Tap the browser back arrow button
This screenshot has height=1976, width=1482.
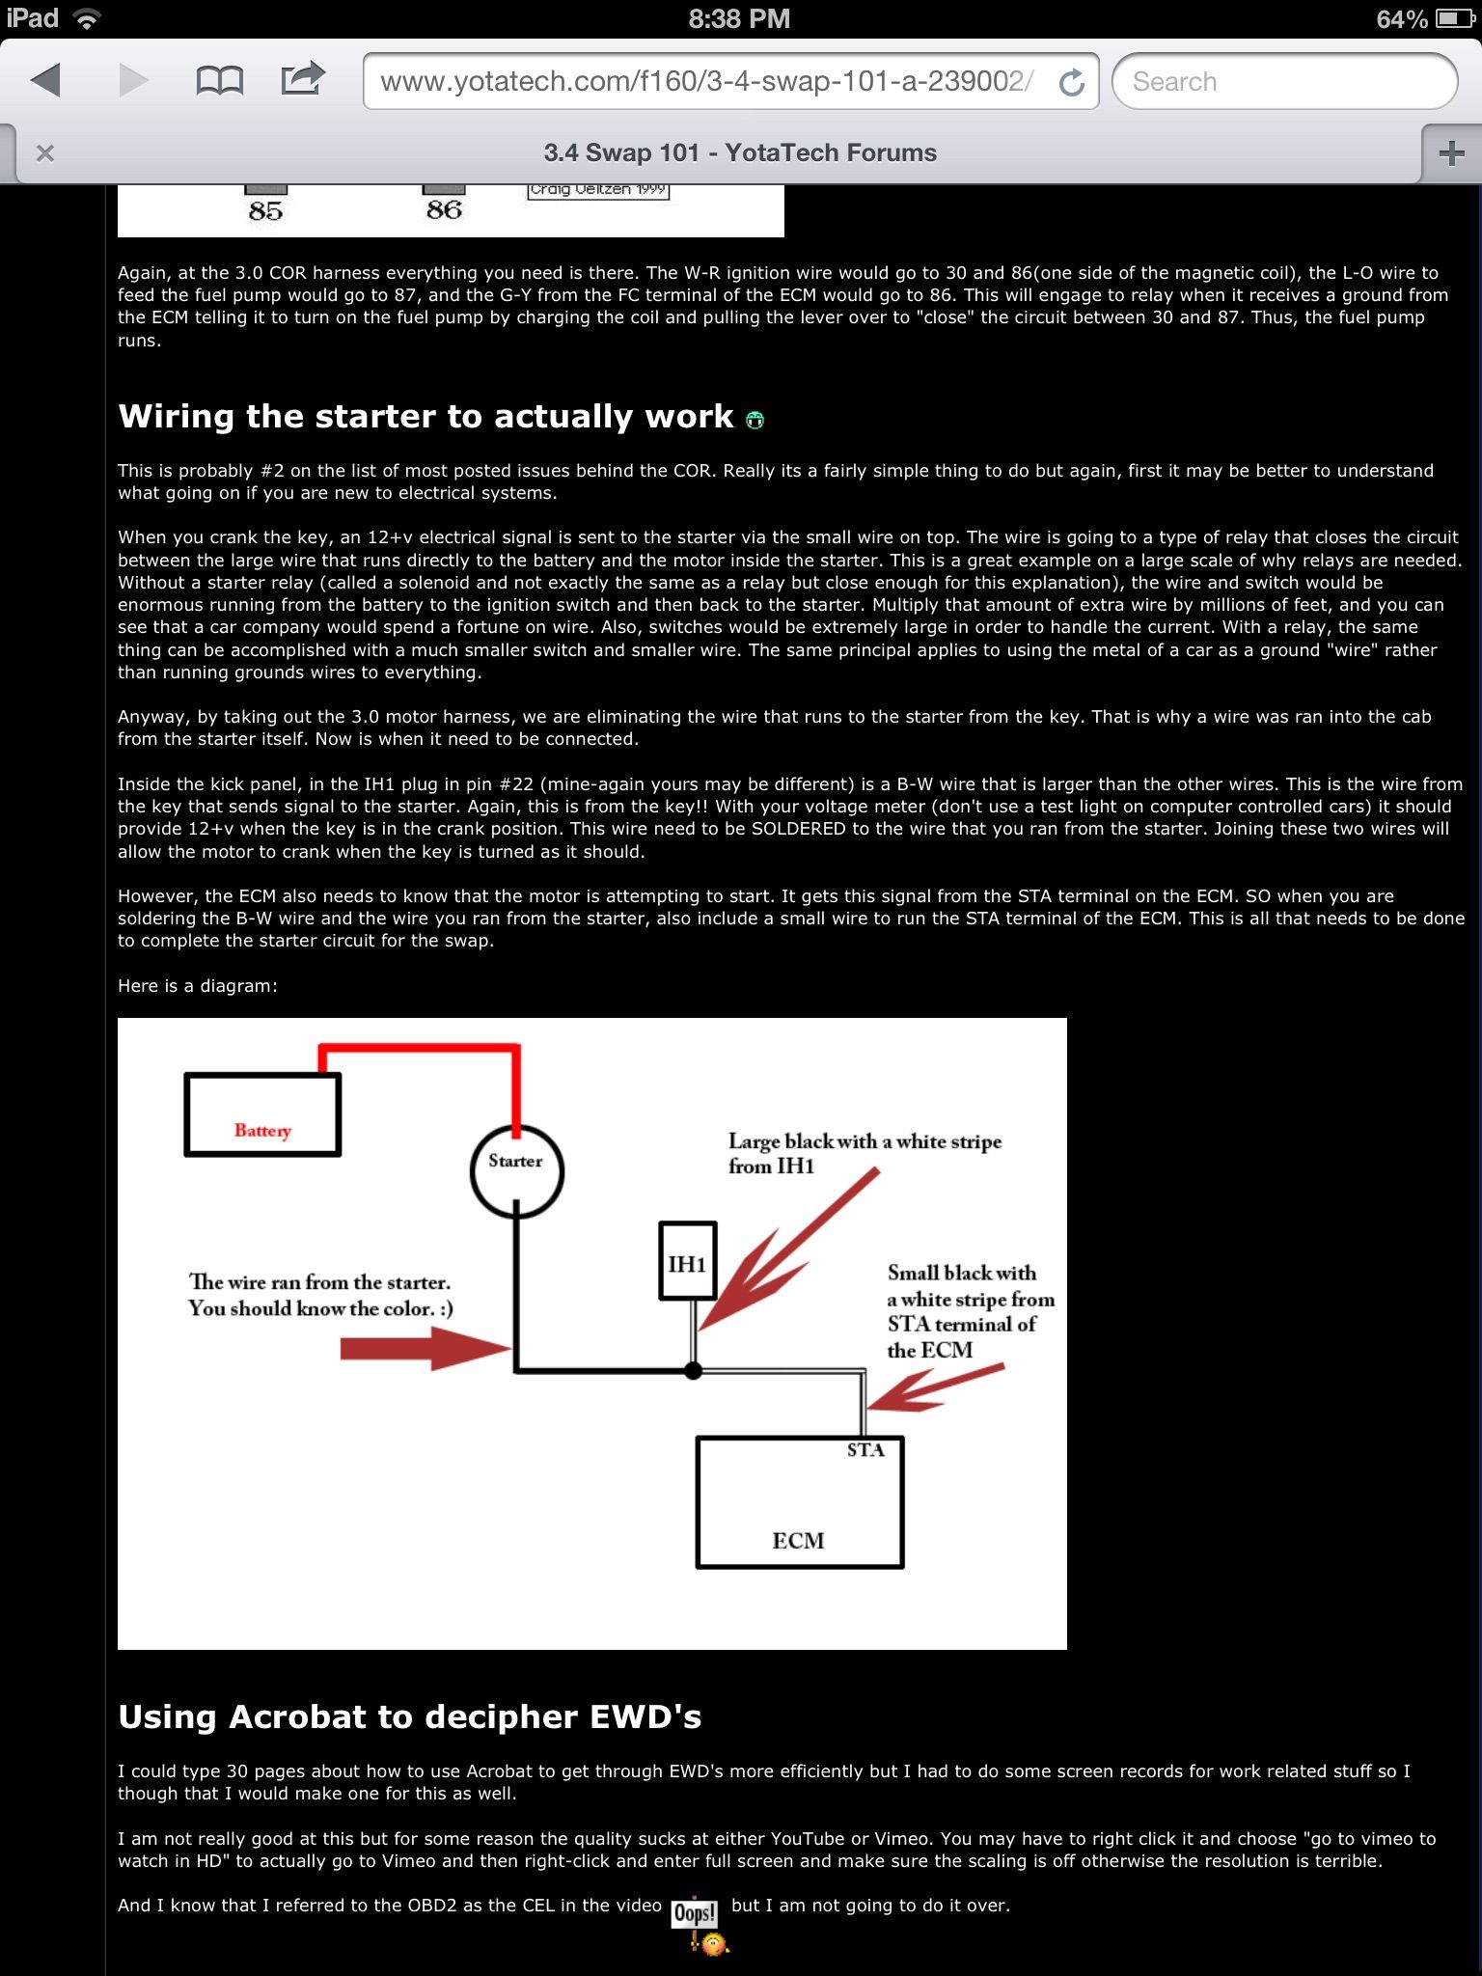tap(46, 81)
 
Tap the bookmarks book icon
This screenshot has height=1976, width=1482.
tap(219, 81)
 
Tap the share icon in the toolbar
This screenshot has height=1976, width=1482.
tap(303, 79)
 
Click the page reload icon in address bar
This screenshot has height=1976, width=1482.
tap(1071, 83)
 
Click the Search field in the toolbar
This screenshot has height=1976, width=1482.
tap(1283, 81)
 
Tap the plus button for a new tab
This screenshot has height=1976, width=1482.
tap(1451, 153)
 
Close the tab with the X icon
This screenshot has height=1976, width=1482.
tap(45, 153)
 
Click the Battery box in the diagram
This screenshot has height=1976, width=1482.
tap(262, 1115)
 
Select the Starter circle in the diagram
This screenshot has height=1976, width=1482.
tap(516, 1170)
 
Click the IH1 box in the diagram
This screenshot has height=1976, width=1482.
tap(688, 1262)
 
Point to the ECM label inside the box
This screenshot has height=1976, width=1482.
tap(798, 1541)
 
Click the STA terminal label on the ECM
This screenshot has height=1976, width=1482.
tap(865, 1450)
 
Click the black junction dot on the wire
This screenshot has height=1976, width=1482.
tap(693, 1370)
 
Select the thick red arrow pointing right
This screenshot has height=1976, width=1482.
tap(425, 1348)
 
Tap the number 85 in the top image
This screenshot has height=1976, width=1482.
tap(265, 211)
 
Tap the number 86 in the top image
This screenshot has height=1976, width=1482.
tap(444, 210)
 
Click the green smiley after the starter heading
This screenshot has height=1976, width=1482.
tap(755, 420)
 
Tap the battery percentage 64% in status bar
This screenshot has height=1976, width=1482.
tap(1401, 19)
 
